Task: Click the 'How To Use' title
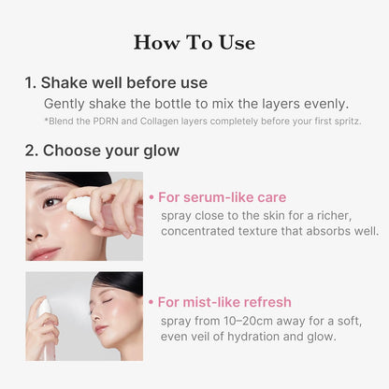tap(194, 42)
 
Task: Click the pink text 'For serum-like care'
tap(222, 197)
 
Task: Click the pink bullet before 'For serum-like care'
tap(151, 197)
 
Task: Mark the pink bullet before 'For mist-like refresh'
tap(151, 302)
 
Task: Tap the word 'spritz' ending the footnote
tap(342, 122)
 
